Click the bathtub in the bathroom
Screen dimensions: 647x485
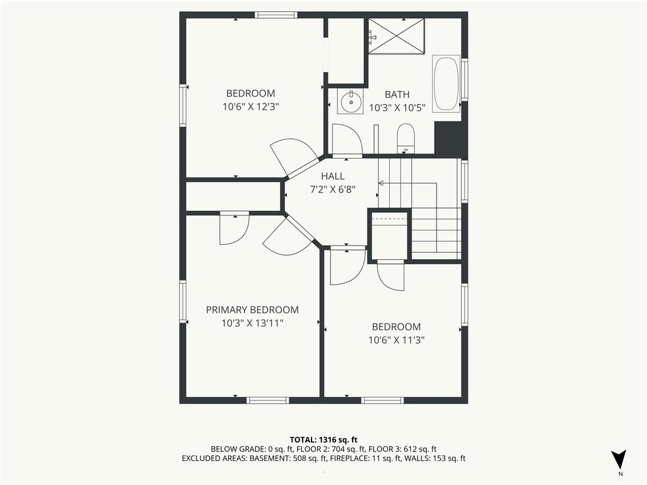click(445, 84)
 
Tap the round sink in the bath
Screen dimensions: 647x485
click(351, 101)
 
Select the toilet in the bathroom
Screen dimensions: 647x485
click(405, 138)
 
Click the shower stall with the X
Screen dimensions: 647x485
click(396, 36)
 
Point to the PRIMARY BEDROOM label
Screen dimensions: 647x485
click(252, 309)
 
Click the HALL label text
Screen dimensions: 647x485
click(332, 176)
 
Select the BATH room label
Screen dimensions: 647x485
click(397, 95)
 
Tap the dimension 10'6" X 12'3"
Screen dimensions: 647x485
click(251, 107)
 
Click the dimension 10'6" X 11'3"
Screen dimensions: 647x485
click(397, 340)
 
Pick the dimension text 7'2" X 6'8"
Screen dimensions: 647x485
click(332, 189)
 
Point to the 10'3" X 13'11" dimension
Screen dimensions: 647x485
click(252, 323)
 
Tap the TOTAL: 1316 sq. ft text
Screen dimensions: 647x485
click(323, 440)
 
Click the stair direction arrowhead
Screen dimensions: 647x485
click(381, 183)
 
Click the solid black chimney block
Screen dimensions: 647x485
click(450, 138)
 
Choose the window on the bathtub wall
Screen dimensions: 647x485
click(464, 80)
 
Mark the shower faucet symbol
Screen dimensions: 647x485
click(373, 37)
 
